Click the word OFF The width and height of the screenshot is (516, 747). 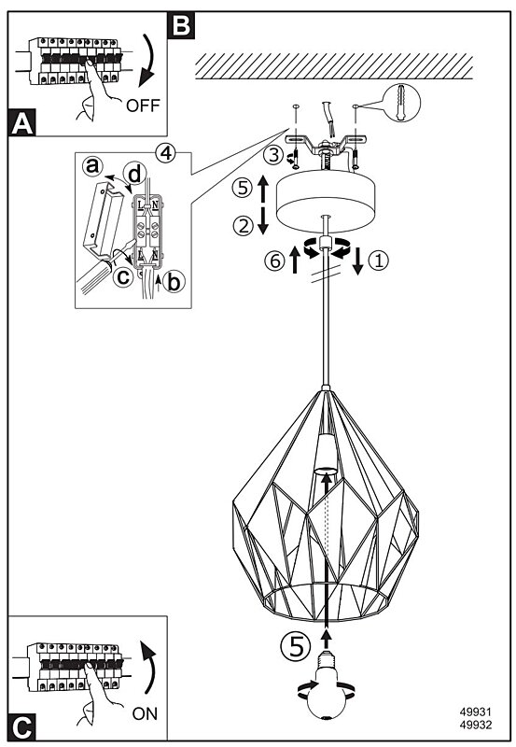143,106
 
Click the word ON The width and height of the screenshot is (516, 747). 145,713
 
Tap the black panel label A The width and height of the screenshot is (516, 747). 22,123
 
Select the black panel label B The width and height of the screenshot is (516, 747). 181,24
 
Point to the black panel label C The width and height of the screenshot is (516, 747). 22,727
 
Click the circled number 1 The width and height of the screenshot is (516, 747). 379,261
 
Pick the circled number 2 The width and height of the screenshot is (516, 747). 244,225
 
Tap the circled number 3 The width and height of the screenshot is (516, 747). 273,155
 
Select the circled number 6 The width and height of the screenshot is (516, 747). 275,261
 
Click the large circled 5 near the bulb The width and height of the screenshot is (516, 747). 296,647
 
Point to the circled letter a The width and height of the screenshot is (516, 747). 92,166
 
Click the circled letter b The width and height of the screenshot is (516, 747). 174,282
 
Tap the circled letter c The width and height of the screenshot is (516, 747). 124,275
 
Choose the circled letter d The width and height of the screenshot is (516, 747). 134,175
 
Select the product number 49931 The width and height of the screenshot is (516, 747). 476,712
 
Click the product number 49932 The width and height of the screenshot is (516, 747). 476,725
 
